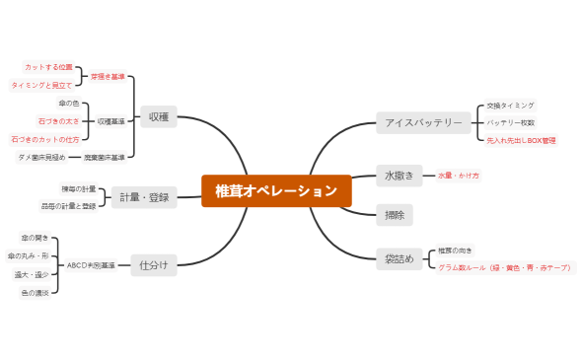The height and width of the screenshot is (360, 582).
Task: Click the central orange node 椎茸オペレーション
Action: pos(275,190)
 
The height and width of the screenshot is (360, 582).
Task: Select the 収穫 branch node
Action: pos(158,116)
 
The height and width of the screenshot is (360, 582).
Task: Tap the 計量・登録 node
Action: pos(144,197)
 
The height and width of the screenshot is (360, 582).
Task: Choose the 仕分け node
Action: pos(154,264)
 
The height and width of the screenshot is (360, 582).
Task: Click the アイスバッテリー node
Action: pos(423,123)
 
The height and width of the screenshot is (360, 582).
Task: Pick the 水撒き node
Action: pos(400,175)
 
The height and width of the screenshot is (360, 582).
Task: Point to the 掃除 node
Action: pos(396,213)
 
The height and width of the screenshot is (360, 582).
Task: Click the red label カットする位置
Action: pos(48,67)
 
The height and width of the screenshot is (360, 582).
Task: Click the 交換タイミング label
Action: pos(510,105)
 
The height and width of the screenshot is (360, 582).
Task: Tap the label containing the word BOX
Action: pos(521,141)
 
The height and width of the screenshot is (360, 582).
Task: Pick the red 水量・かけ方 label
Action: pos(459,175)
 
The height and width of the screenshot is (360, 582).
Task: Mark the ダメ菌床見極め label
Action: pos(42,157)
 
